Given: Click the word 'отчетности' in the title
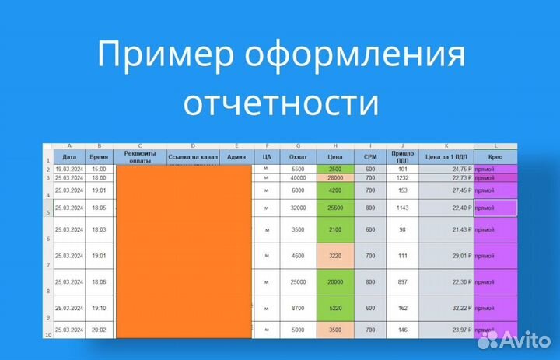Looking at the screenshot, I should pyautogui.click(x=281, y=102).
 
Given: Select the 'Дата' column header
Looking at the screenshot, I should pyautogui.click(x=69, y=156).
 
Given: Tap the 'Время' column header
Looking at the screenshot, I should pyautogui.click(x=99, y=156).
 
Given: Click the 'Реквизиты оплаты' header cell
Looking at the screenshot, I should pyautogui.click(x=139, y=156).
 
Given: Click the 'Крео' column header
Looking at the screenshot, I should pyautogui.click(x=495, y=156).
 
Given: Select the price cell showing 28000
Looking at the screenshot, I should pyautogui.click(x=335, y=178).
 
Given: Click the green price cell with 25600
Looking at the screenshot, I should pyautogui.click(x=335, y=208).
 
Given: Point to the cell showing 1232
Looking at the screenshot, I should pyautogui.click(x=402, y=178).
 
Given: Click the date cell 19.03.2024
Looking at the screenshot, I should pyautogui.click(x=69, y=169).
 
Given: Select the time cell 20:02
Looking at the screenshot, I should pyautogui.click(x=99, y=330).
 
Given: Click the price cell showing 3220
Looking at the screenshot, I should pyautogui.click(x=335, y=255).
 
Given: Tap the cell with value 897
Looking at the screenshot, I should pyautogui.click(x=402, y=281).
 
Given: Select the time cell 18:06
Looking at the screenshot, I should pyautogui.click(x=99, y=281).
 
